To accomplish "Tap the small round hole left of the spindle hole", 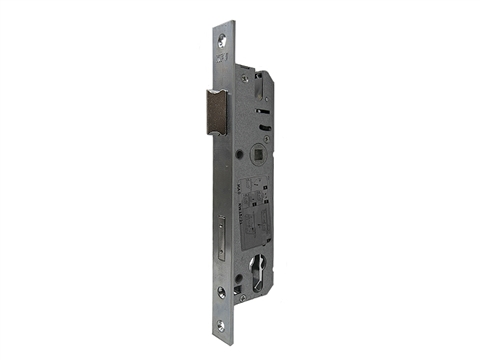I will point(239,156).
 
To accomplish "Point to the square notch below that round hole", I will point(240,293).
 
